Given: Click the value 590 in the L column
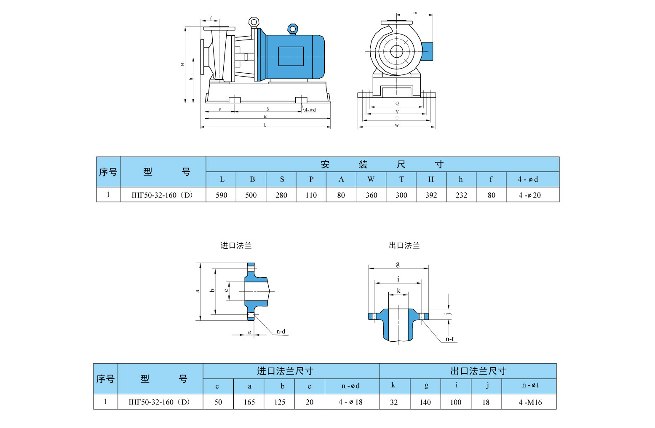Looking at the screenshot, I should [x=221, y=195].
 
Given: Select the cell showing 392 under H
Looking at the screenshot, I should [x=431, y=195].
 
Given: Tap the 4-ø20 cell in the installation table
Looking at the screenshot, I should [x=530, y=195].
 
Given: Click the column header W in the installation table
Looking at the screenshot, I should [x=371, y=179].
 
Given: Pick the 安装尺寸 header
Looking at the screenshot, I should [x=382, y=164].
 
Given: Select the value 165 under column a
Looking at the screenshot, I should [x=249, y=402].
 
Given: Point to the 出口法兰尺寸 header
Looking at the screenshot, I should [x=478, y=371].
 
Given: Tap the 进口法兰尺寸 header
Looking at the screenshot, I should [x=285, y=371].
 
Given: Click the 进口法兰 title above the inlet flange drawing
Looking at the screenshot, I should [x=236, y=245].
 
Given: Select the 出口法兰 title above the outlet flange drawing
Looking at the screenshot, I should [x=404, y=245].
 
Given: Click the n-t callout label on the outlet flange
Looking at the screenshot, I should [x=449, y=339].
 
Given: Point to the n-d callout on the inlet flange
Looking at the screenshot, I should [x=281, y=332].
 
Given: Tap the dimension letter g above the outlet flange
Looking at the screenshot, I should [x=398, y=264].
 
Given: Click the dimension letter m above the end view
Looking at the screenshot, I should [x=415, y=13].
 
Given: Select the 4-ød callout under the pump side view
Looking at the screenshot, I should [x=310, y=110].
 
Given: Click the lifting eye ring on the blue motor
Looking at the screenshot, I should [x=292, y=29].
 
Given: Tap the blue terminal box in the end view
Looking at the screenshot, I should [x=427, y=51].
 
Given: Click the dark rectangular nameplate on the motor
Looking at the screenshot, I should [x=291, y=56].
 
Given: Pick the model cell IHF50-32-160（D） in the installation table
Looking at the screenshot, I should [x=162, y=195].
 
